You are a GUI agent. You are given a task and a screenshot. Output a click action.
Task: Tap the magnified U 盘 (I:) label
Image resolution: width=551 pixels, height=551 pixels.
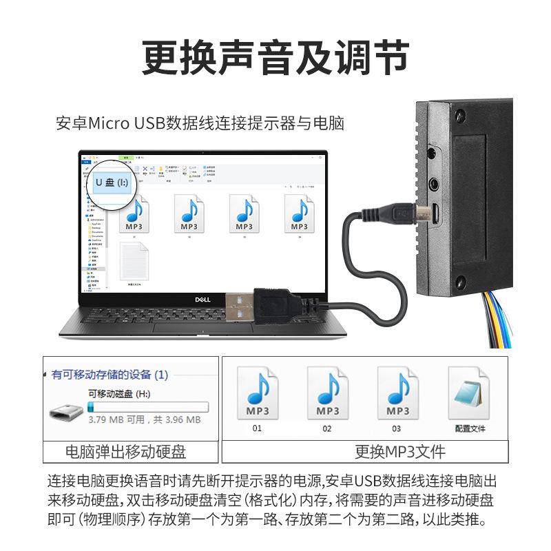[112, 183]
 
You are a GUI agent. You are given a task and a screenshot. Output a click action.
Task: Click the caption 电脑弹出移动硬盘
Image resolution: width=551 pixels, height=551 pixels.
[125, 452]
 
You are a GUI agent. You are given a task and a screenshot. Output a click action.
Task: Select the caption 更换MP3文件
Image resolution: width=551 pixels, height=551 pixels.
[399, 452]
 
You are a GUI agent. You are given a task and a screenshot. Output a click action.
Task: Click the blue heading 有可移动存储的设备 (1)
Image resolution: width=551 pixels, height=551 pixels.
[110, 375]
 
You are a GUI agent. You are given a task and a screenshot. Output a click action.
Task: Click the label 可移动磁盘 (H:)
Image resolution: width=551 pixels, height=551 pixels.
[119, 395]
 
